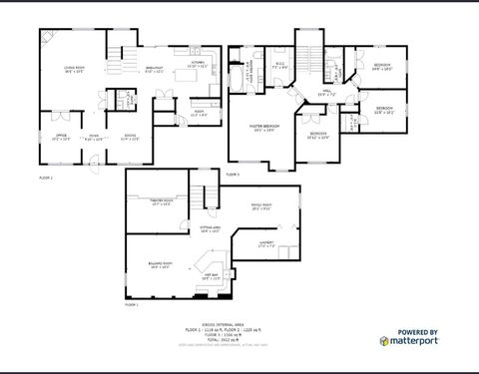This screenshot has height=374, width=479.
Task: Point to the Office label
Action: click(x=60, y=137)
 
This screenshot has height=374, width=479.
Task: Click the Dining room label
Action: click(x=130, y=137)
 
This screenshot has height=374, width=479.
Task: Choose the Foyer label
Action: click(x=93, y=137)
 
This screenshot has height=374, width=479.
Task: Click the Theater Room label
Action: click(x=162, y=201)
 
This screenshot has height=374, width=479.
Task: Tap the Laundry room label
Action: click(x=266, y=243)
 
